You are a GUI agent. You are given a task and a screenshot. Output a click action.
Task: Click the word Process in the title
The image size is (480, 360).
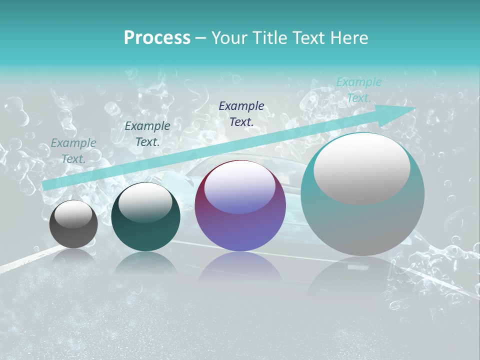pyautogui.click(x=157, y=38)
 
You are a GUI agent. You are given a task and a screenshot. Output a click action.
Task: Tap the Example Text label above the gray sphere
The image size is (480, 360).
pyautogui.click(x=73, y=151)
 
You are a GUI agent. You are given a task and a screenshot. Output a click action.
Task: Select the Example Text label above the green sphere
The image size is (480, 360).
pyautogui.click(x=147, y=134)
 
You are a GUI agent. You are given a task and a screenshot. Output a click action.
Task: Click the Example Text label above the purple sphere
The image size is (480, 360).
pyautogui.click(x=241, y=113)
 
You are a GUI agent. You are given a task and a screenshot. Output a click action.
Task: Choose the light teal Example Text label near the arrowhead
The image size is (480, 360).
pyautogui.click(x=358, y=90)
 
